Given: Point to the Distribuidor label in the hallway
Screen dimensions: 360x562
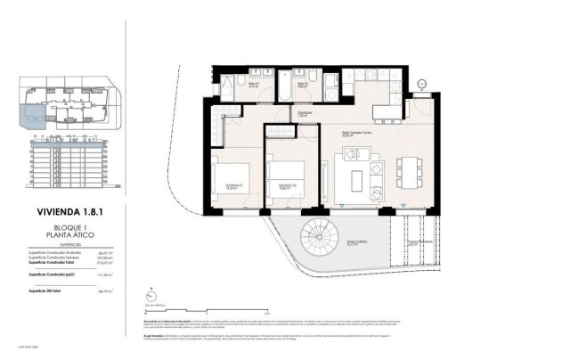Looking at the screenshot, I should pyautogui.click(x=305, y=113).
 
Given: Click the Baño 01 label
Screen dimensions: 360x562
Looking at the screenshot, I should pyautogui.click(x=253, y=86).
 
